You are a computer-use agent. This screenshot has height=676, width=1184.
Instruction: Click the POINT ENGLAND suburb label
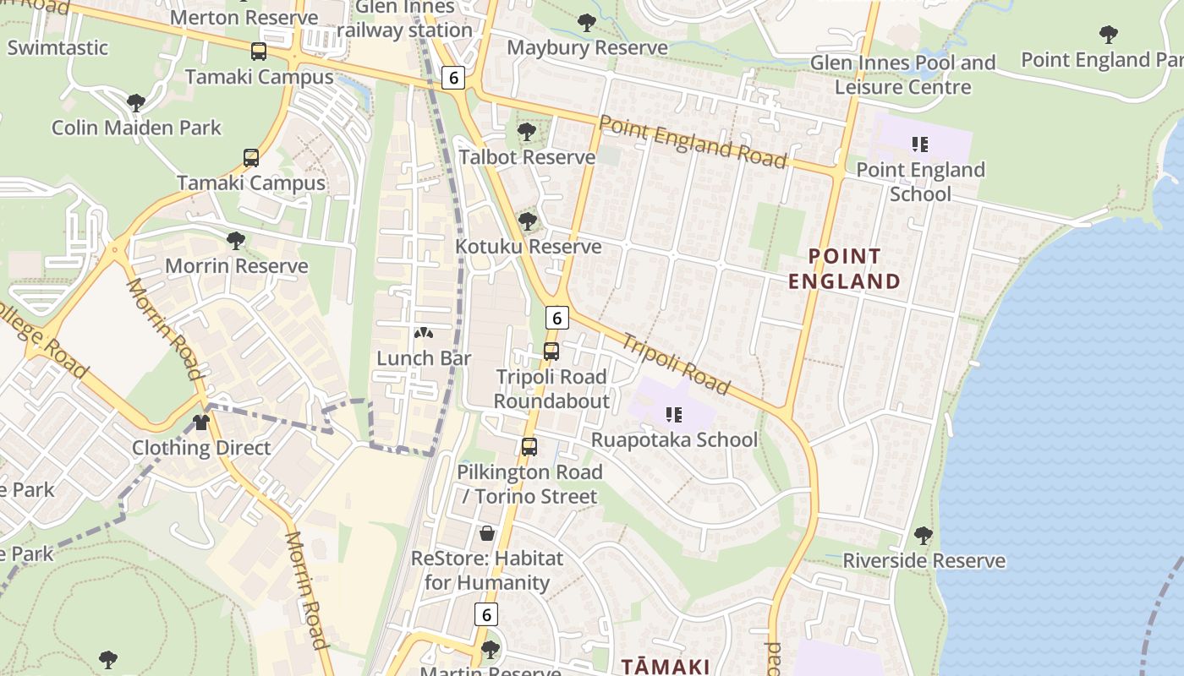point(844,269)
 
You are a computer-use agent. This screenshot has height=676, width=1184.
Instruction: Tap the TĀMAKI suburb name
point(666,666)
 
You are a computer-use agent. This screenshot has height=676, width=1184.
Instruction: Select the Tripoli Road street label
point(676,364)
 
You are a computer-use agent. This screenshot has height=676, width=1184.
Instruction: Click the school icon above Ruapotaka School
point(674,414)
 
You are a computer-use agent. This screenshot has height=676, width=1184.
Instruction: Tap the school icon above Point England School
point(920,144)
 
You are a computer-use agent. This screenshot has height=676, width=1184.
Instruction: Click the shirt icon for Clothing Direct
point(201,422)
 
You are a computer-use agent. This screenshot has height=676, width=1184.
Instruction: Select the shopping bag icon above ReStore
point(487,533)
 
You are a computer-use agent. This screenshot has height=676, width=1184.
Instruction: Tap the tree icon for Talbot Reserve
point(527,132)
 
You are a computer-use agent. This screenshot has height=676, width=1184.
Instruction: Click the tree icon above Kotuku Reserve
point(528,221)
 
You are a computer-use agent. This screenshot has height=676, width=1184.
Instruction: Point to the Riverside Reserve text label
point(924,561)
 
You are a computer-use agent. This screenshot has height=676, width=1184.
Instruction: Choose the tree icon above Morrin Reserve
point(236,241)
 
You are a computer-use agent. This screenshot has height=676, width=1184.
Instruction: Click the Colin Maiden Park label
point(136,128)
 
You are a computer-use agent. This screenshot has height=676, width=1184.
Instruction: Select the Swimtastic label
point(58,47)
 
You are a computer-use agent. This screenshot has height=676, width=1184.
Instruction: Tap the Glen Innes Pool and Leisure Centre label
point(902,74)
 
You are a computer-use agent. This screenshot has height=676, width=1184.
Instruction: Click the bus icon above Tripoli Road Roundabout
point(551,352)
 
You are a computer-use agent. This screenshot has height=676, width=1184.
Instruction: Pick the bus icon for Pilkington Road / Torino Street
point(529,447)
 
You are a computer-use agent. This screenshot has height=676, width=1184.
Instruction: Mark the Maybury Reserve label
point(587,47)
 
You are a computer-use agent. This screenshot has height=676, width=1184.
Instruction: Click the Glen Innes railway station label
point(405,19)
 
